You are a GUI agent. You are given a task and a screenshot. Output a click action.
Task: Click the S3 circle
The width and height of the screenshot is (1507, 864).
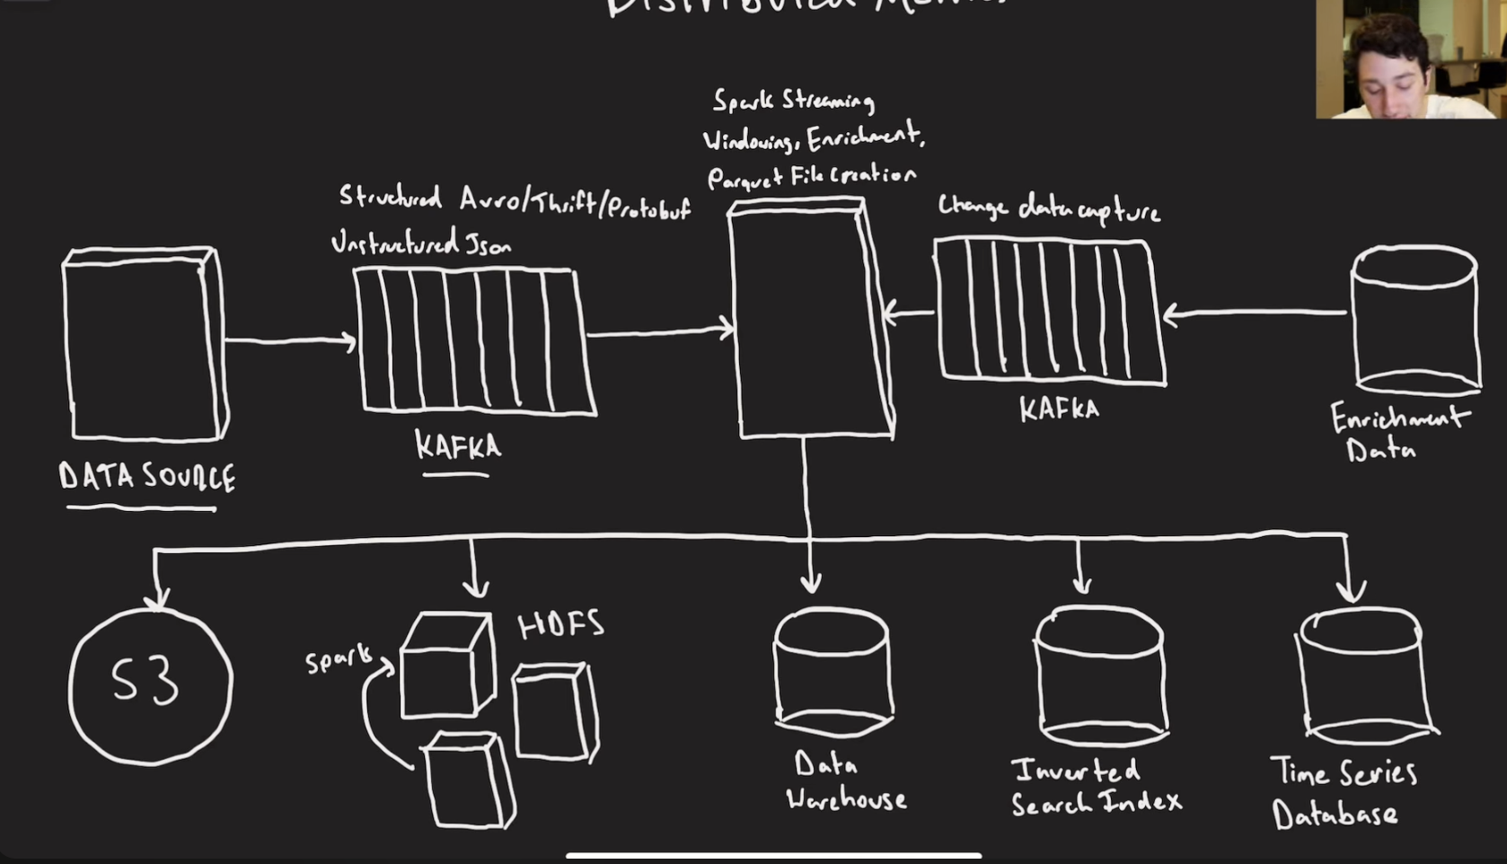point(150,684)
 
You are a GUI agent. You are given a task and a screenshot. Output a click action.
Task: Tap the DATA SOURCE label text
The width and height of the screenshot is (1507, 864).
point(147,476)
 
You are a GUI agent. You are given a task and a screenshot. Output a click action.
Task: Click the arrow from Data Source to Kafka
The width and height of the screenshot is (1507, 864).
point(289,340)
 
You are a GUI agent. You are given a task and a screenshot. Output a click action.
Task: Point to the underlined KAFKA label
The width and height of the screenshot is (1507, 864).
point(457,445)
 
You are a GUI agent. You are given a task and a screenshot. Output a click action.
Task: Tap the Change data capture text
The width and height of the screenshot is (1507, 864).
point(1048,209)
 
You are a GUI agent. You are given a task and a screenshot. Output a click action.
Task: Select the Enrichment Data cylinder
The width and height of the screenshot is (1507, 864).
point(1415,321)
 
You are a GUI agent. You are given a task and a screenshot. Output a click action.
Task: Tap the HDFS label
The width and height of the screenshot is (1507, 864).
point(561,625)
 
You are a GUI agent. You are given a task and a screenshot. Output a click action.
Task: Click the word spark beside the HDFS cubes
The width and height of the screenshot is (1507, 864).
point(338,660)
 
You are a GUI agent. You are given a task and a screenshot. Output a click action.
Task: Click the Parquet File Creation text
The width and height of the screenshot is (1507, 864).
point(812,176)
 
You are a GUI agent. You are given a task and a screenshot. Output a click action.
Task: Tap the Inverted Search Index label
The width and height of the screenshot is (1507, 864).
point(1095,787)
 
